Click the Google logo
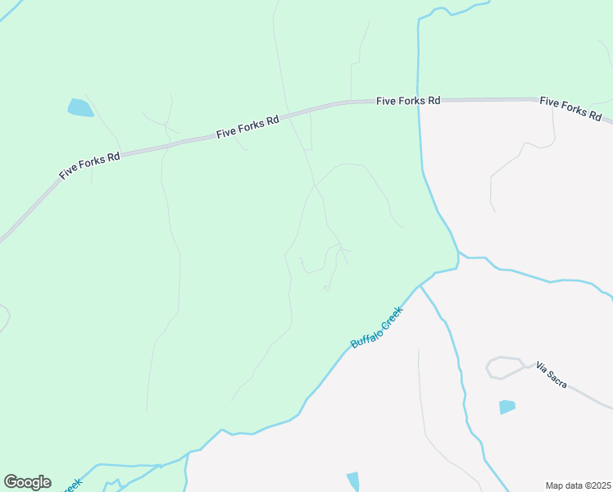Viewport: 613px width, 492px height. [x=27, y=482]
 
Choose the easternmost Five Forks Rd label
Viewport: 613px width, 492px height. [x=570, y=107]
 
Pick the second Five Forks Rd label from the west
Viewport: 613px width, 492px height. [x=247, y=126]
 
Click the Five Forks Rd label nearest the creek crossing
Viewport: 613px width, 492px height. [x=408, y=100]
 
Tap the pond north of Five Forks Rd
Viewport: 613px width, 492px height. [x=80, y=107]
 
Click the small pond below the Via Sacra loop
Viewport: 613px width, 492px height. [x=507, y=407]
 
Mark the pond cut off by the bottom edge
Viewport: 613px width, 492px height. [x=353, y=481]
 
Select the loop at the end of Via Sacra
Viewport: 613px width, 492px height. [x=505, y=367]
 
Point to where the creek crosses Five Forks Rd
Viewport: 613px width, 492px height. [x=419, y=101]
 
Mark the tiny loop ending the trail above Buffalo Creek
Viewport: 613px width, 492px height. [x=327, y=288]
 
